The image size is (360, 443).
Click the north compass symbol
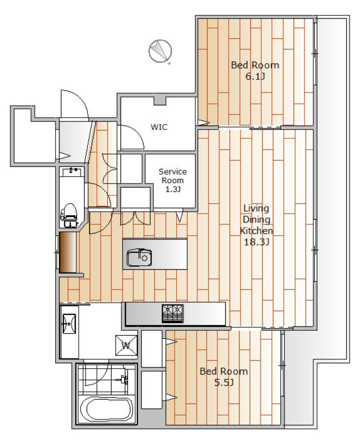point(160,51)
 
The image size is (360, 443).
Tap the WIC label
point(159,127)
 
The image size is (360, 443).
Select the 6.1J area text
point(255,76)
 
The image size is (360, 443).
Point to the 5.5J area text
point(224,382)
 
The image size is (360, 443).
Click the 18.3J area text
point(256,242)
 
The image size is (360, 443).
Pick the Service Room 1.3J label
point(173,180)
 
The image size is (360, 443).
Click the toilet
point(69,215)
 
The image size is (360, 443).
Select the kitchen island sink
point(139,257)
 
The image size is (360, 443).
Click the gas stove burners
point(173,314)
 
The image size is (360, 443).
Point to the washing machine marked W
point(126,346)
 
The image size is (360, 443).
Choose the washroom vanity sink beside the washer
point(69,324)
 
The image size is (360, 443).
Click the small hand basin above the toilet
point(72,172)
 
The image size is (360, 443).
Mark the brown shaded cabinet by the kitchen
point(68,253)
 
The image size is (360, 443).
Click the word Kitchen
point(256,231)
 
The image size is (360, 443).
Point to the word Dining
point(256,220)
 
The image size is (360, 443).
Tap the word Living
point(256,209)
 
